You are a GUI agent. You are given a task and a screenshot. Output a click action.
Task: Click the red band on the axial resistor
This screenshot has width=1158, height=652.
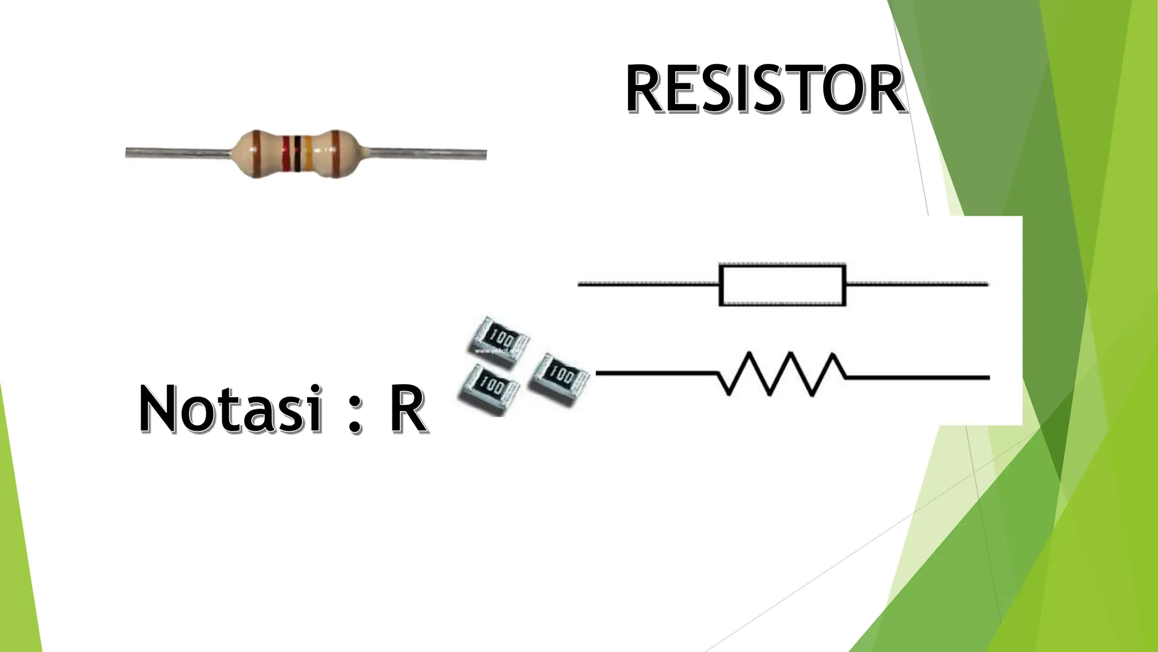click(287, 153)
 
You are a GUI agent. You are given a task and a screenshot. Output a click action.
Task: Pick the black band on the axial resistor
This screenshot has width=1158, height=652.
click(296, 153)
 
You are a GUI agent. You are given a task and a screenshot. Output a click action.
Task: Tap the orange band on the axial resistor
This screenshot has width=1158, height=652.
click(308, 153)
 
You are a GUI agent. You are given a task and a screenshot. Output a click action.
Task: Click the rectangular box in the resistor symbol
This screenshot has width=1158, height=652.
click(782, 285)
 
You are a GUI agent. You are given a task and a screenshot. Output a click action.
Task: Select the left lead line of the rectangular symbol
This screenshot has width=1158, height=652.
click(647, 285)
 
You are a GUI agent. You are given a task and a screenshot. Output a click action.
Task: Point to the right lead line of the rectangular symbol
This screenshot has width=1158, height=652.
click(916, 285)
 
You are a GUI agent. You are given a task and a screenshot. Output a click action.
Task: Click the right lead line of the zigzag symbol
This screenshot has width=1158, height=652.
click(916, 376)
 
